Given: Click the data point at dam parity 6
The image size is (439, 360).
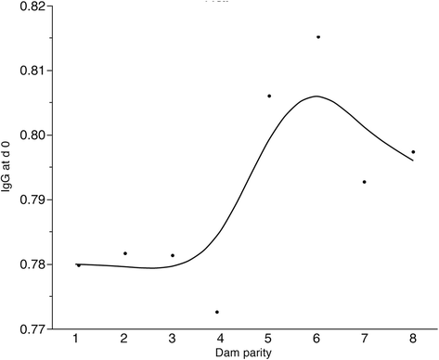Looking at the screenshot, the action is [318, 37].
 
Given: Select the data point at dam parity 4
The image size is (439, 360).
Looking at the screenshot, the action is [217, 312].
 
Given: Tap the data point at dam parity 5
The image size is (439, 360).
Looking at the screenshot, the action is [269, 96].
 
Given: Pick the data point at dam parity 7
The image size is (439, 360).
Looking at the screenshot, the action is [365, 182].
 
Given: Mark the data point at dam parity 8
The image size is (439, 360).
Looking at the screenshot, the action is [413, 152].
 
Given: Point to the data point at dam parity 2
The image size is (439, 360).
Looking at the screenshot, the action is [125, 253].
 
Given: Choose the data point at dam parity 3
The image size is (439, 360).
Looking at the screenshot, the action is [173, 255].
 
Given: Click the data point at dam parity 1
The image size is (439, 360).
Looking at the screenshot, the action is [79, 265].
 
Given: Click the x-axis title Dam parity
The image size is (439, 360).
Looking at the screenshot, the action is [243, 353].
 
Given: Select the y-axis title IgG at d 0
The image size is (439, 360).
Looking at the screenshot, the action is [6, 166].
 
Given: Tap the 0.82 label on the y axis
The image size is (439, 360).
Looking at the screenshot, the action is [32, 6].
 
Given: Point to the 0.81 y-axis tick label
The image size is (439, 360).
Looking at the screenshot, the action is [32, 71].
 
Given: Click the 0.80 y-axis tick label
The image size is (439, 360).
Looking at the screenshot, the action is [32, 135].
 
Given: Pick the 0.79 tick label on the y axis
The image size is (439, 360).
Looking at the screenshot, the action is [32, 199].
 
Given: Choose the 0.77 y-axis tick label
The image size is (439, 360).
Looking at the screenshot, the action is [32, 329].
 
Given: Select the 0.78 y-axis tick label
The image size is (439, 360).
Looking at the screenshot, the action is [32, 264].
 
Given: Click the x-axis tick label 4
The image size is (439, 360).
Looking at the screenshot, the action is [220, 339].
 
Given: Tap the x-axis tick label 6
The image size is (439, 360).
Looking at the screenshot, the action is [316, 339].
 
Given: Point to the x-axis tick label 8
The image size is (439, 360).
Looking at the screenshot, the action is [413, 339].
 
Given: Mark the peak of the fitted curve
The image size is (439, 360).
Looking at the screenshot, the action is [316, 96].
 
